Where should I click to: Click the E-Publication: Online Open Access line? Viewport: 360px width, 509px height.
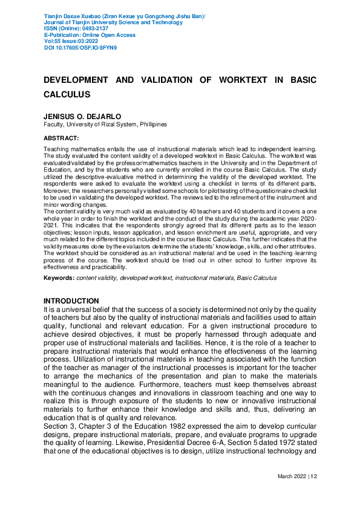coord(90,35)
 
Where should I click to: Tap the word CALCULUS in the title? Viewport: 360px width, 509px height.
coord(67,94)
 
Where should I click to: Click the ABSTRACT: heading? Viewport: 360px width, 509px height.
coord(62,138)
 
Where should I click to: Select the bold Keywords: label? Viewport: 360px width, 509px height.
coord(59,278)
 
